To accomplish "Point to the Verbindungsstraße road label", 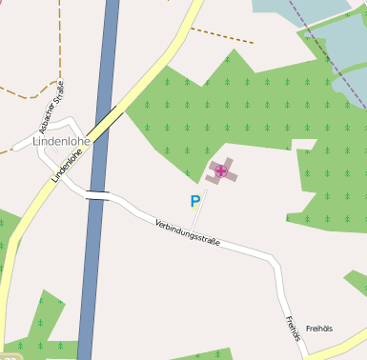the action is coord(187,232).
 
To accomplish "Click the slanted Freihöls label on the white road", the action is coord(292,328).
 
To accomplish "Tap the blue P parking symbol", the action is coord(195,201).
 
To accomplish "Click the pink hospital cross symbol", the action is coord(221,171).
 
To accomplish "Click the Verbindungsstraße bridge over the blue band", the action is coord(97,196).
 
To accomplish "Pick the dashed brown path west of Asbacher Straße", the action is coord(24,92).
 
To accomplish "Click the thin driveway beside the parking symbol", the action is coord(199,213).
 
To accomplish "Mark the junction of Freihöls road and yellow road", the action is coord(307,355).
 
